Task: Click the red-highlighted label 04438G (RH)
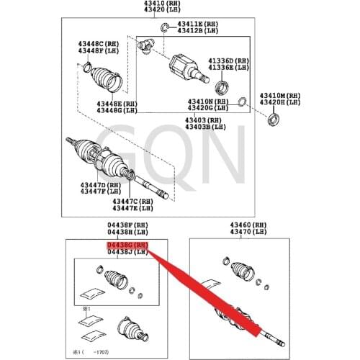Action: pos(127,245)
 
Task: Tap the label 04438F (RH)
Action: pos(127,225)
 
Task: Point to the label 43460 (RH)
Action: pos(250,225)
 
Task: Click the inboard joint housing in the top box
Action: pos(183,68)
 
